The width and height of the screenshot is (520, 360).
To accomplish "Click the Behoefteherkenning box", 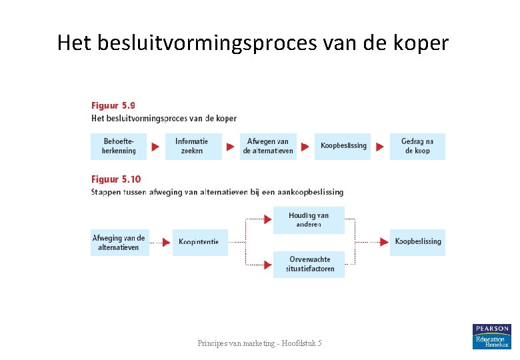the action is pyautogui.click(x=119, y=146).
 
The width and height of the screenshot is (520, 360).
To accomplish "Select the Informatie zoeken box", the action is pyautogui.click(x=193, y=146).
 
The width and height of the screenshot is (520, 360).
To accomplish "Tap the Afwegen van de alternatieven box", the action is pyautogui.click(x=268, y=146).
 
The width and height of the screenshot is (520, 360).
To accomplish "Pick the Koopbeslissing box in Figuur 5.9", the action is pyautogui.click(x=343, y=146).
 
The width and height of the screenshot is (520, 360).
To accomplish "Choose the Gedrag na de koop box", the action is pyautogui.click(x=417, y=146).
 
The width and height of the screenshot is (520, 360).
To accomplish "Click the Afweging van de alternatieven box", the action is pyautogui.click(x=119, y=243).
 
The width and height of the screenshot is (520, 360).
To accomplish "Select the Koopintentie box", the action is pyautogui.click(x=199, y=243).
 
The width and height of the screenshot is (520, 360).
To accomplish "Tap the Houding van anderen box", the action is pyautogui.click(x=309, y=220).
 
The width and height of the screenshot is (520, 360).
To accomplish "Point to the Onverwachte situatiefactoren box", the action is pyautogui.click(x=309, y=264).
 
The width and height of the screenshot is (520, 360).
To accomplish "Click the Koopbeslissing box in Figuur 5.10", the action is pyautogui.click(x=417, y=241).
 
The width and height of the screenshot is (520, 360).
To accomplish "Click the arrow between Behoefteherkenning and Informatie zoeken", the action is pyautogui.click(x=155, y=147).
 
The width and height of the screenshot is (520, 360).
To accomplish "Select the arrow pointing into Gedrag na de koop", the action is pyautogui.click(x=380, y=147).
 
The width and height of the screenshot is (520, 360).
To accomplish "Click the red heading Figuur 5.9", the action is pyautogui.click(x=113, y=105).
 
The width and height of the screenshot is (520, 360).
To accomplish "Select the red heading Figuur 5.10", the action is pyautogui.click(x=115, y=179).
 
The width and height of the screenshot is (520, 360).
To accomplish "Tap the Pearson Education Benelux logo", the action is pyautogui.click(x=491, y=336).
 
